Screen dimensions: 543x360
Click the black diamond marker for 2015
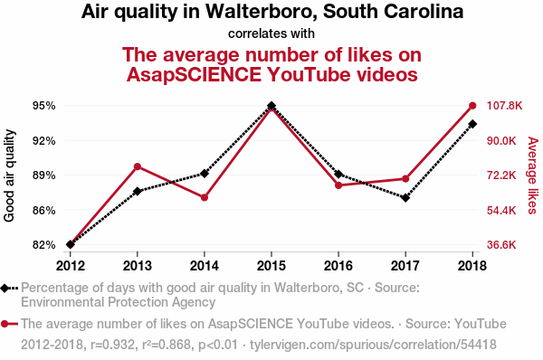(x=271, y=106)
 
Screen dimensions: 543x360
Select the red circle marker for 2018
(x=472, y=106)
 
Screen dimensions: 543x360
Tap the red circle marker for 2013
(x=138, y=166)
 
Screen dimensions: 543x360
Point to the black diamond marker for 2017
(x=405, y=198)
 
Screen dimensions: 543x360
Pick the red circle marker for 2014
(x=205, y=198)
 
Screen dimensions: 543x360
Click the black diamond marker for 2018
(x=472, y=124)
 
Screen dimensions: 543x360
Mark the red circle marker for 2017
(x=405, y=179)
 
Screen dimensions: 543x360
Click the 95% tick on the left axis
(x=44, y=106)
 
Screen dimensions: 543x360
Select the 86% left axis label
(x=44, y=210)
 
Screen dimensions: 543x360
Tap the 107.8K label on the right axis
(x=504, y=106)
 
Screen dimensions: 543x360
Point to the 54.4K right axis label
(x=501, y=210)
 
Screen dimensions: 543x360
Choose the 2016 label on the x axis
(x=338, y=266)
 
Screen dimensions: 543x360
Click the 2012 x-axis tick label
(x=71, y=266)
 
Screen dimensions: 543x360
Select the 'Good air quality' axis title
(x=9, y=175)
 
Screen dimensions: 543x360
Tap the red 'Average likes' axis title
(x=533, y=175)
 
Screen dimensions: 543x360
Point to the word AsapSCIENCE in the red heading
(x=194, y=74)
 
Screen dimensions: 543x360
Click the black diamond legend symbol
(x=9, y=288)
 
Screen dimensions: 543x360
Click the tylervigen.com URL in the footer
(x=373, y=345)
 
